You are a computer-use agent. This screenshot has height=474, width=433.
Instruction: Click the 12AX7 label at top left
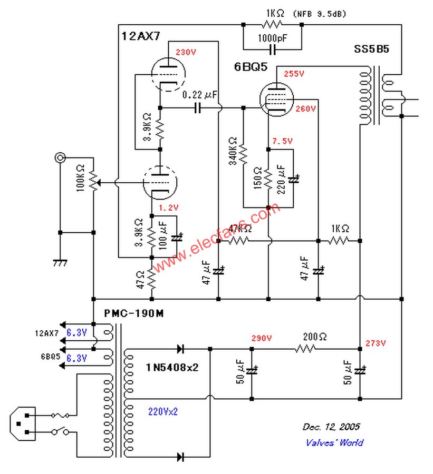pos(140,36)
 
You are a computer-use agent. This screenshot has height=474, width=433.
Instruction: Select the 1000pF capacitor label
pos(272,39)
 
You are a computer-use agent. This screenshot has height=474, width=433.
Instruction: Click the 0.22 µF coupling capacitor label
pos(200,95)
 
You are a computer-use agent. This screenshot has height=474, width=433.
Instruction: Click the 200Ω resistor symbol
pos(305,348)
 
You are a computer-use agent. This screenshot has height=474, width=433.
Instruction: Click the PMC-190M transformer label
pos(133,313)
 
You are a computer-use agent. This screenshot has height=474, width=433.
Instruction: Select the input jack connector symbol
pos(61,157)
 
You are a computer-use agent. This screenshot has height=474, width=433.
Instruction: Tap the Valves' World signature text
pos(334,442)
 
